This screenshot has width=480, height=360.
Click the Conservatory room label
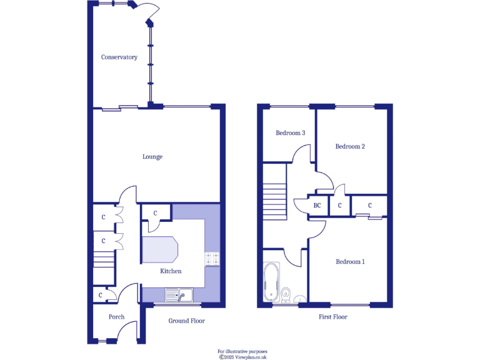(x=119, y=57)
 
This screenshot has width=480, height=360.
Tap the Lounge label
(x=152, y=157)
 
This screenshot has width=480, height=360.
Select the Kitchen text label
(x=171, y=271)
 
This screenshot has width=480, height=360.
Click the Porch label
(x=116, y=317)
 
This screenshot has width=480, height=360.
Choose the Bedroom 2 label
(x=349, y=147)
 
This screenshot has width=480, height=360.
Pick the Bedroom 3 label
(x=291, y=133)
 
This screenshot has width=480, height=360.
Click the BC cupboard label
(x=317, y=205)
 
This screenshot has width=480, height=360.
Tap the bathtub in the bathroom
(x=271, y=283)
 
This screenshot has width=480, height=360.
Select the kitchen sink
(x=180, y=294)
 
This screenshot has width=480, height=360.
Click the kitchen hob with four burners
(x=212, y=259)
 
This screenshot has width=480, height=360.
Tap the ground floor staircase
(x=104, y=259)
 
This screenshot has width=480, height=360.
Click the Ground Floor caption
(x=186, y=321)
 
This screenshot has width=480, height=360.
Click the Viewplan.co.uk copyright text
(x=242, y=357)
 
